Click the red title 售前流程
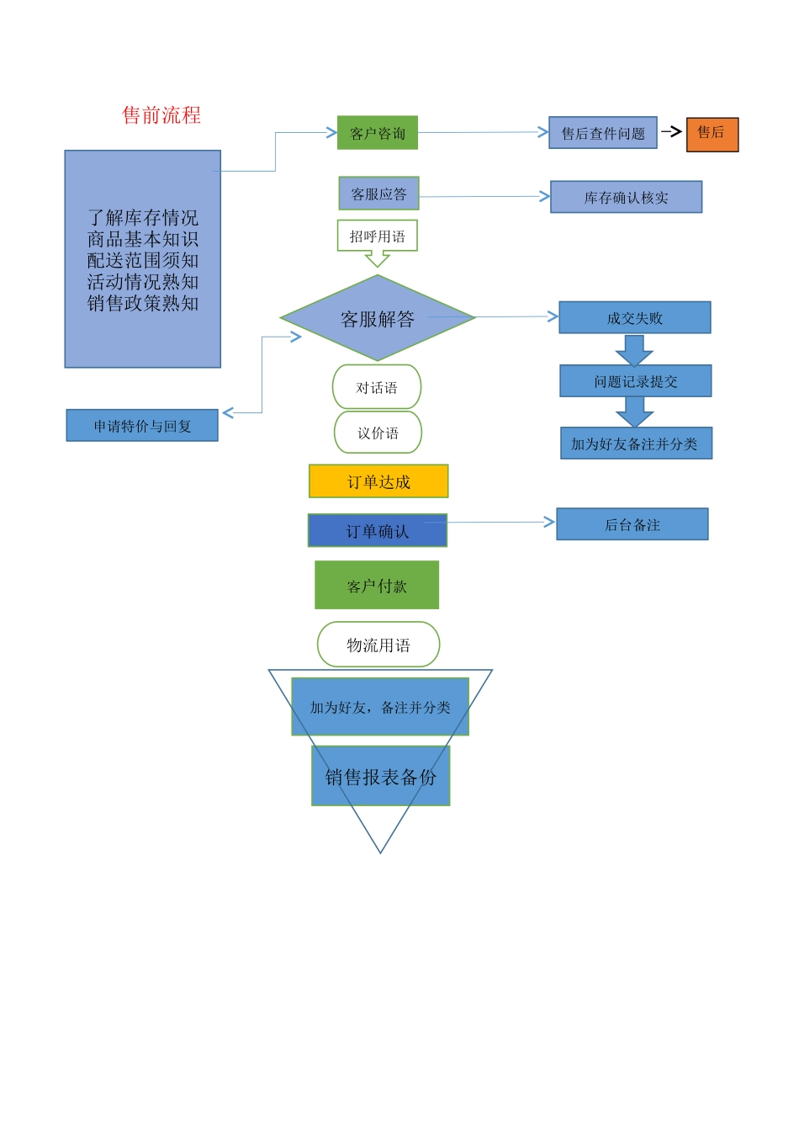[161, 115]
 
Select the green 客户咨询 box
[378, 133]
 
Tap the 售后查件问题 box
[602, 133]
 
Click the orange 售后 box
[712, 134]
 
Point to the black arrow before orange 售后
[671, 131]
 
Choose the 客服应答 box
[378, 194]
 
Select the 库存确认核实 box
[626, 197]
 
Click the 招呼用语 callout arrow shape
[378, 239]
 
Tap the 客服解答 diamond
[378, 319]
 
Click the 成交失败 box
[635, 318]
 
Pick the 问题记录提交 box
[636, 381]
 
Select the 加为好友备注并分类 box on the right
[636, 443]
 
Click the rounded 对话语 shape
[377, 387]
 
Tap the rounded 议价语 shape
[378, 433]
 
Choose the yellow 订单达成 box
[378, 481]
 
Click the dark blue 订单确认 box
[378, 531]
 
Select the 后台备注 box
[632, 524]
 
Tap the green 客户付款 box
[377, 586]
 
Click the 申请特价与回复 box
[142, 426]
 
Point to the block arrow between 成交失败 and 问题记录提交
[634, 349]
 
